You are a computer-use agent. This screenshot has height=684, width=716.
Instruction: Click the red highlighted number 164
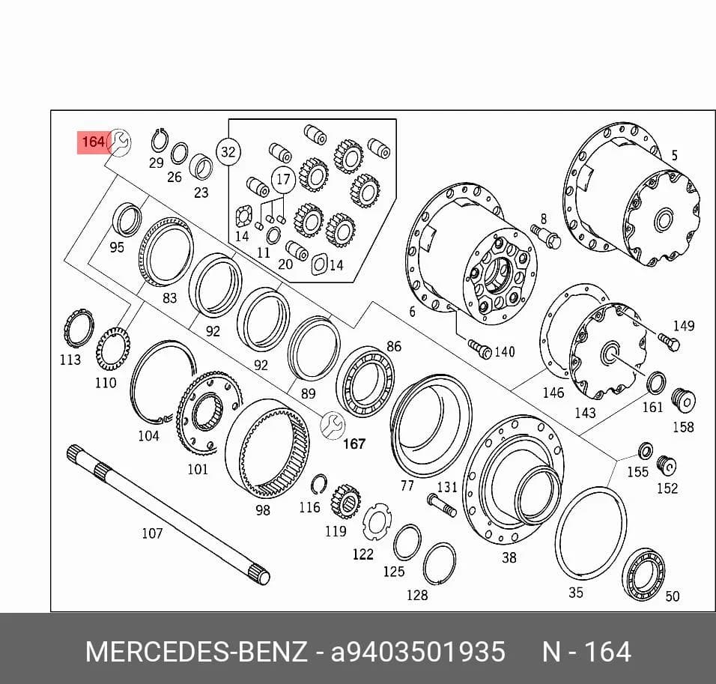(x=94, y=142)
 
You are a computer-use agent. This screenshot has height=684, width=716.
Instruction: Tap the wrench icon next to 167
(x=333, y=426)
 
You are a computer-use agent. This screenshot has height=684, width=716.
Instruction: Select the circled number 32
(x=228, y=151)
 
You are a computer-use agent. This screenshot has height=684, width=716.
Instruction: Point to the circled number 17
(x=283, y=178)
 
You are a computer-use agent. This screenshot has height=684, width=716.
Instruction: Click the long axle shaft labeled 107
(x=169, y=515)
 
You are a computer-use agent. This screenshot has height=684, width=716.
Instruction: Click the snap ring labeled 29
(x=160, y=142)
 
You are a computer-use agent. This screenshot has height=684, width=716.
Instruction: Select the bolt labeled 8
(x=546, y=236)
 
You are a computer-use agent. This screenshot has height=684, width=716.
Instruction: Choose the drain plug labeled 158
(x=684, y=400)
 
